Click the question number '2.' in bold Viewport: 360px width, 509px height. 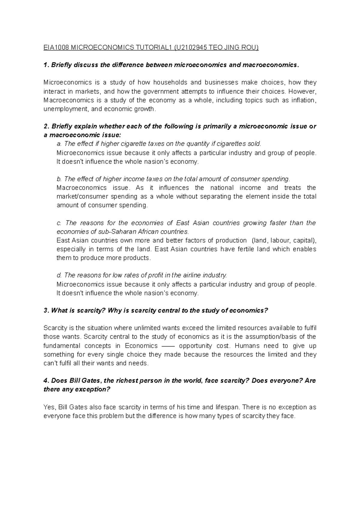46,126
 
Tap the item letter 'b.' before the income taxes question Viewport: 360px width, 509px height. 59,179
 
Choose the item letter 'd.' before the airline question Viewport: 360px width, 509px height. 59,275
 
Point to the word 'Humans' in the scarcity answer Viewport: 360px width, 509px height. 247,346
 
